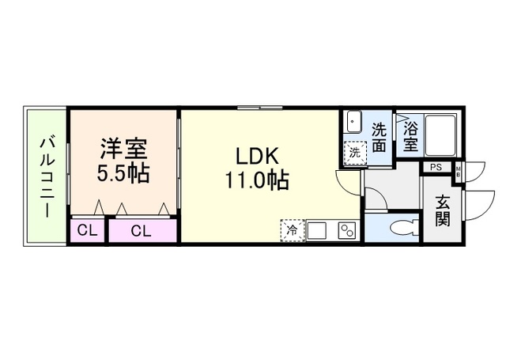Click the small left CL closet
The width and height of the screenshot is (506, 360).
click(x=87, y=231)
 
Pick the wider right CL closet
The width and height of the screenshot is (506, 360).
click(x=142, y=231)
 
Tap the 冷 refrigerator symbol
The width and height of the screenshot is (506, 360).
click(x=292, y=231)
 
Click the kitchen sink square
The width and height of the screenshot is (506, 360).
click(x=319, y=231)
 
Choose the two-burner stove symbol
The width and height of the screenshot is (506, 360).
click(x=346, y=231)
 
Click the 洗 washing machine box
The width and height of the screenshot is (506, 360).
click(x=353, y=152)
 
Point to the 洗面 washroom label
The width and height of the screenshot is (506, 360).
click(x=379, y=137)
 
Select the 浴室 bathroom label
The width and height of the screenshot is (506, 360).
click(x=410, y=135)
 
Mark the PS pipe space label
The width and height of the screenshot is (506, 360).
click(x=436, y=167)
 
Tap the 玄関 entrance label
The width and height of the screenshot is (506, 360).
click(x=443, y=210)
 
